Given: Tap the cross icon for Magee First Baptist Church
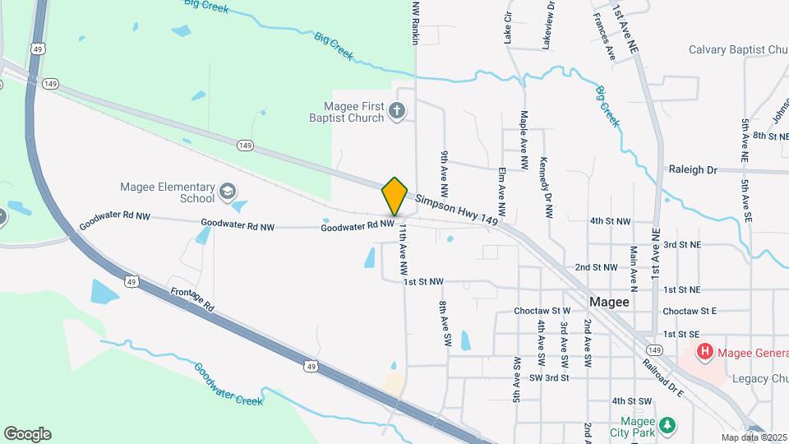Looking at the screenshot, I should click(x=396, y=111).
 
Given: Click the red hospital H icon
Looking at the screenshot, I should click(x=704, y=353).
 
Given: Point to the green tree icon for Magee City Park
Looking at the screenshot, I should click(x=669, y=424).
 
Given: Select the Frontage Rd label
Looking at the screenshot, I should click(x=192, y=298).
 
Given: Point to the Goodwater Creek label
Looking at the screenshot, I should click(x=228, y=384).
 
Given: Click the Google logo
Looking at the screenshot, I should click(x=27, y=433).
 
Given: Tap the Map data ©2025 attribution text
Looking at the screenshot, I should click(x=753, y=437).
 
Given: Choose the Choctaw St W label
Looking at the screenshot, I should click(x=542, y=312).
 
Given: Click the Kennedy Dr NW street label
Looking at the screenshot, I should click(x=547, y=187).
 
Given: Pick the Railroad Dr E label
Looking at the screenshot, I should click(x=664, y=377).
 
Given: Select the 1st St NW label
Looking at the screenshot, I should click(x=423, y=282).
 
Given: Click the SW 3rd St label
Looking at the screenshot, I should click(x=549, y=377).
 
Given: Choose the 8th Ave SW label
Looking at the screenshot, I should click(x=445, y=322).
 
